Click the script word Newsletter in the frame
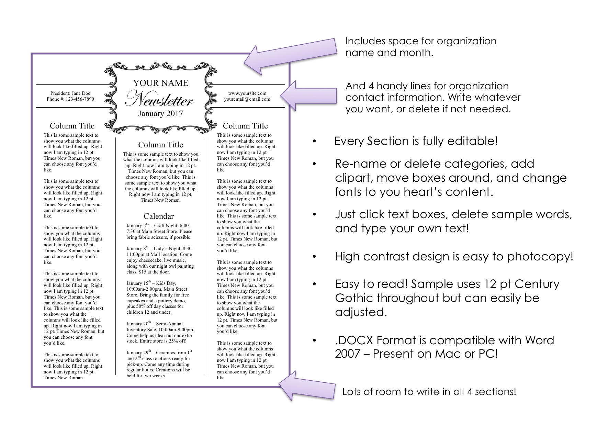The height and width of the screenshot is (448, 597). [159, 99]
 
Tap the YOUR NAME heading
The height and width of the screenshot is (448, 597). [160, 83]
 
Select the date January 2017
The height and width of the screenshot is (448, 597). [160, 113]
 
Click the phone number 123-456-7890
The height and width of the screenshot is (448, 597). [80, 99]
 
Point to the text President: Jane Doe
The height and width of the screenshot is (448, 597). [70, 93]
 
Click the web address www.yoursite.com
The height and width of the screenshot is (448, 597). [247, 93]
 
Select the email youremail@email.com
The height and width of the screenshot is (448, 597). [247, 99]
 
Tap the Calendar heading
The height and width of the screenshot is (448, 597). [159, 216]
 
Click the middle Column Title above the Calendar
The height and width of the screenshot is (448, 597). [160, 145]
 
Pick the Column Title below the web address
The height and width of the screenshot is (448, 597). [245, 126]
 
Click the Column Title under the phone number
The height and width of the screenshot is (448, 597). [72, 126]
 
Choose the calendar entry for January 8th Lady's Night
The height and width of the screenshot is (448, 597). [160, 260]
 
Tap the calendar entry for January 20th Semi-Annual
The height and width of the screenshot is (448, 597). [160, 332]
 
